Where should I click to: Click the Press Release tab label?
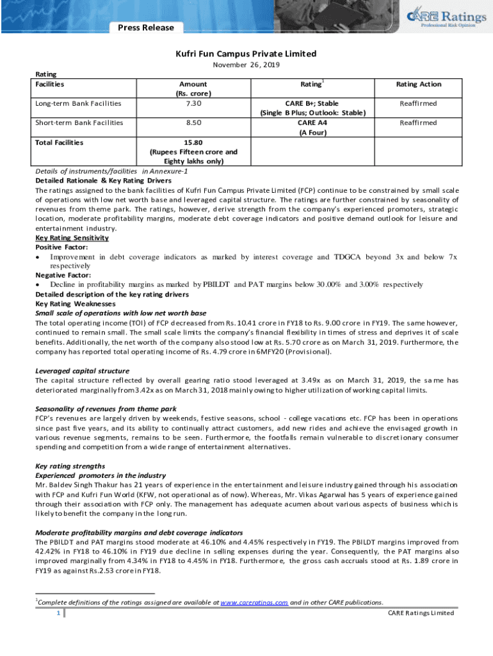pyautogui.click(x=145, y=28)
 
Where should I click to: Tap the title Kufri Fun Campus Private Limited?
pyautogui.click(x=247, y=54)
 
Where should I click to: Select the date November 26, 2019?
pyautogui.click(x=247, y=65)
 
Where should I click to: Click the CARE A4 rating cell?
pyautogui.click(x=312, y=122)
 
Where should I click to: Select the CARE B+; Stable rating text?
pyautogui.click(x=312, y=103)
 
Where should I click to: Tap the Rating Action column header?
pyautogui.click(x=418, y=84)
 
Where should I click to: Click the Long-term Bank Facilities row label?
pyautogui.click(x=78, y=103)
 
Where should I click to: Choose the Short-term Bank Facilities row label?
pyautogui.click(x=79, y=122)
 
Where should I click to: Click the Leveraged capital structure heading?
pyautogui.click(x=82, y=371)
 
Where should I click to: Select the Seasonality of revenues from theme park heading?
pyautogui.click(x=106, y=409)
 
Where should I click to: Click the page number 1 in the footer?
pyautogui.click(x=58, y=613)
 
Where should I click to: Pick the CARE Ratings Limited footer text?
pyautogui.click(x=421, y=613)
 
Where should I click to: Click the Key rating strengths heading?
pyautogui.click(x=70, y=466)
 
